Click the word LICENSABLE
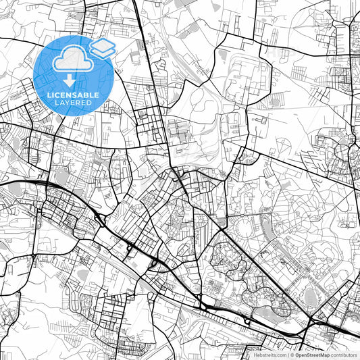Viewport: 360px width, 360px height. (x=73, y=95)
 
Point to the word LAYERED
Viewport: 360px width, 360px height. (x=73, y=103)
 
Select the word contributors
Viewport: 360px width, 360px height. (x=344, y=354)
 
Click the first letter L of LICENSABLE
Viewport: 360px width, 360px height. (x=49, y=95)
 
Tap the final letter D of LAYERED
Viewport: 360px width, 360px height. (x=89, y=103)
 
